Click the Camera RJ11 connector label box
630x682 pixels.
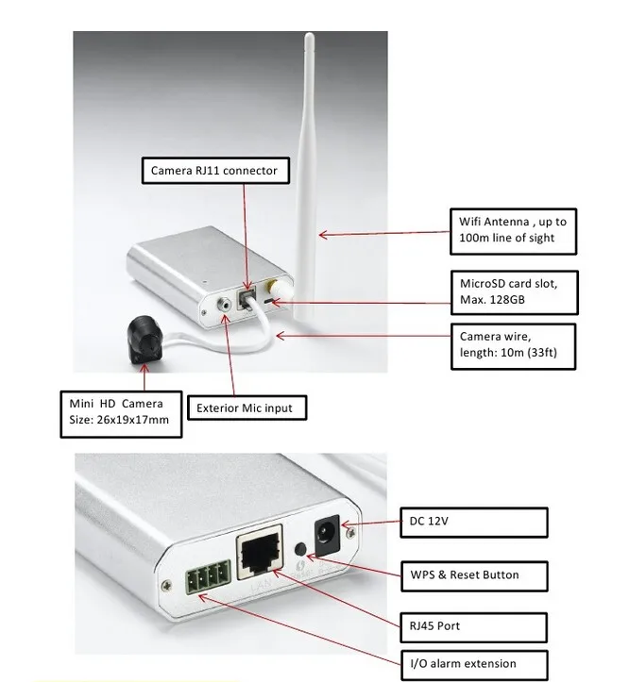(213, 171)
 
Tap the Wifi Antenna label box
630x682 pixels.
(513, 230)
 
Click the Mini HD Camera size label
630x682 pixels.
(119, 411)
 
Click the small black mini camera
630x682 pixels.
(144, 338)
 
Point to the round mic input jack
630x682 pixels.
(225, 305)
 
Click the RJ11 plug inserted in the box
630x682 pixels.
(248, 298)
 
